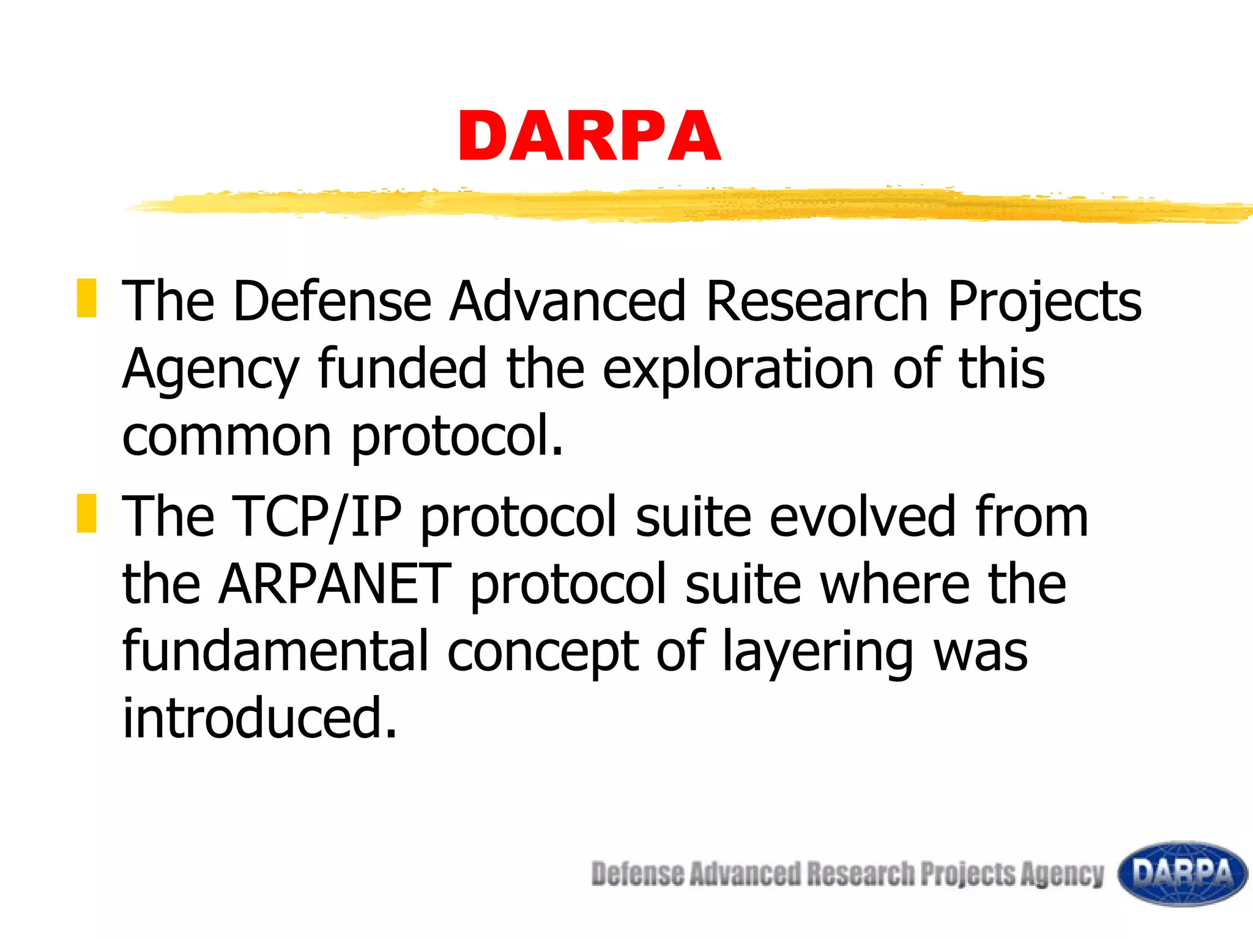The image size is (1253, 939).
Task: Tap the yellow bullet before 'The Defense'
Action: coord(86,298)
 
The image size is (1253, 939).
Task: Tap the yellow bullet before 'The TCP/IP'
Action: coord(86,514)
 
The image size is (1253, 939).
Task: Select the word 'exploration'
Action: coord(738,369)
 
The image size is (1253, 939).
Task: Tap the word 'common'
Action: coord(227,436)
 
